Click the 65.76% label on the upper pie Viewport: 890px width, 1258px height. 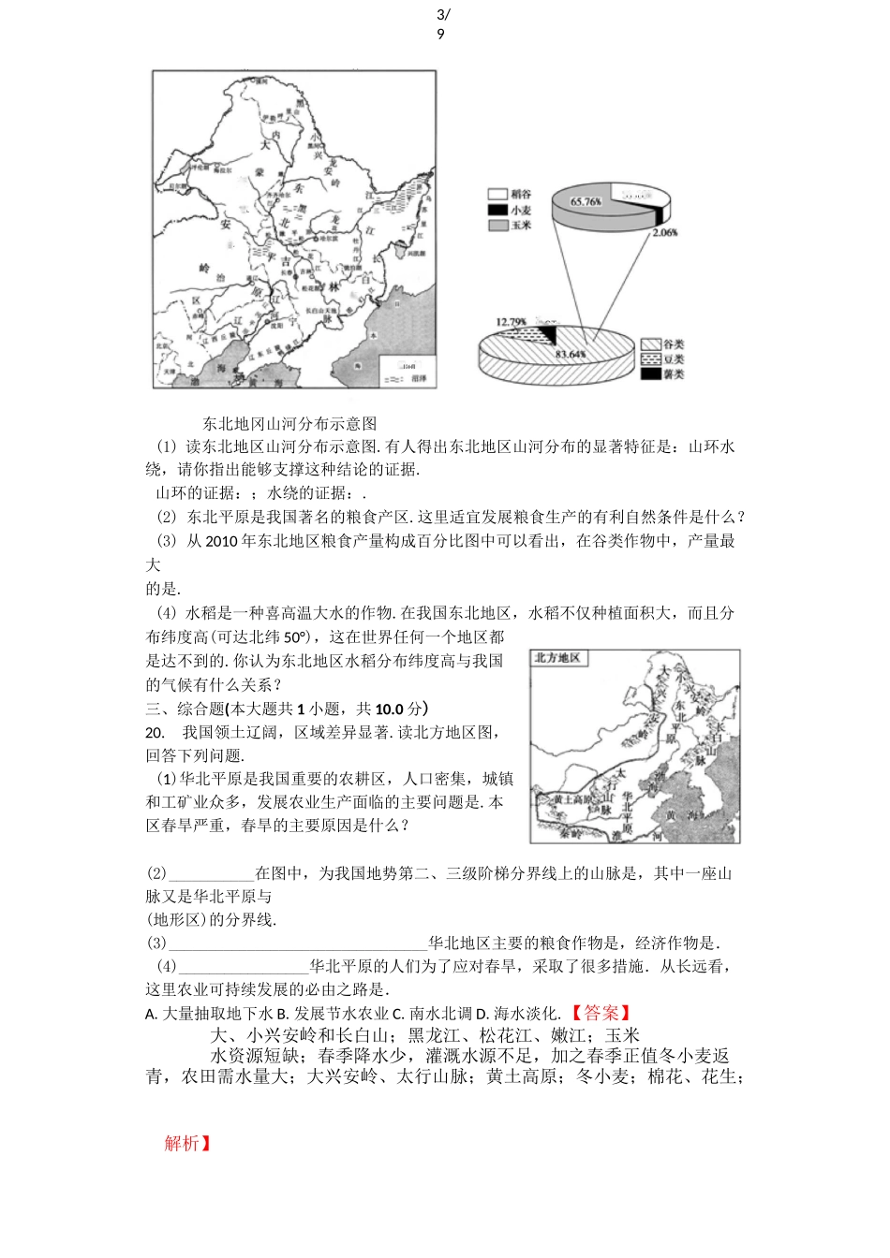click(586, 201)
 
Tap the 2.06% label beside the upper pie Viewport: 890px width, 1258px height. click(664, 232)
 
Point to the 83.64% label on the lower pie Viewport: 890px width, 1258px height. click(570, 355)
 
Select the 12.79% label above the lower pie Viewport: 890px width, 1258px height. click(511, 322)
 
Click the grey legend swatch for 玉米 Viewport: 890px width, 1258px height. click(497, 226)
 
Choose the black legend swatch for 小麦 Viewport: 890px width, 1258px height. click(497, 210)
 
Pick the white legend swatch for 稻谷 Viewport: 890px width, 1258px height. click(497, 195)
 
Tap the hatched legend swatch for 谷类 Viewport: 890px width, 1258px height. click(650, 344)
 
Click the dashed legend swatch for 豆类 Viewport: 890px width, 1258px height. click(650, 359)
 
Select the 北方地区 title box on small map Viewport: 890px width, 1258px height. click(557, 658)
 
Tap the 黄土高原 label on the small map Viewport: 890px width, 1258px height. click(572, 799)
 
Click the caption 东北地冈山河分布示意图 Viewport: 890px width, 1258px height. click(289, 424)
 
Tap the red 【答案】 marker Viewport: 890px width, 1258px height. click(601, 1013)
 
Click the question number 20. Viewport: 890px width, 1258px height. click(156, 732)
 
